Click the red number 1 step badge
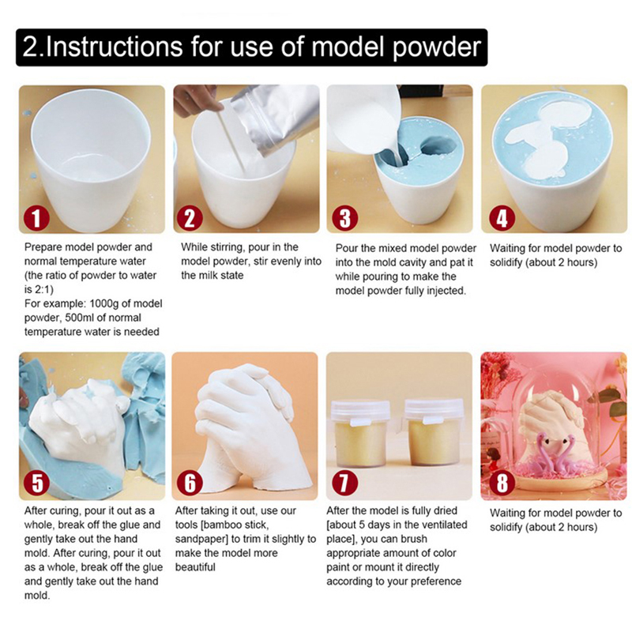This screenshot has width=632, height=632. (36, 218)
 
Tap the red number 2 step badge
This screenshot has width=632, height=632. (190, 218)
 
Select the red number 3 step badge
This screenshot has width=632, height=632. (344, 218)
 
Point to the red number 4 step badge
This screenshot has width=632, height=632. (502, 218)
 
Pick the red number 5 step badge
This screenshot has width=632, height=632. (36, 483)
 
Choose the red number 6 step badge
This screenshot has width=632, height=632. (190, 483)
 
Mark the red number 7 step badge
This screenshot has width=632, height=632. (344, 483)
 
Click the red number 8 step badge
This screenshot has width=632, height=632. (502, 483)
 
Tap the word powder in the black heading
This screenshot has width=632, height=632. (437, 48)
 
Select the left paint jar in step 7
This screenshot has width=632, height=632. (360, 434)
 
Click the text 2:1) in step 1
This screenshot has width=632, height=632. (43, 290)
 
